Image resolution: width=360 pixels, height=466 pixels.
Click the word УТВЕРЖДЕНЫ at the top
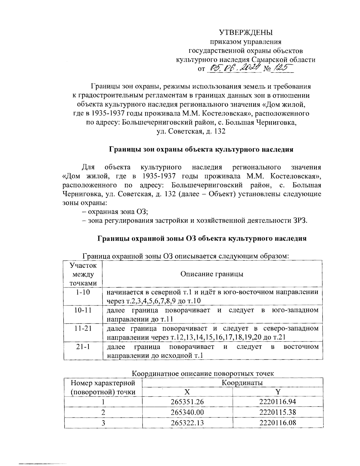245,32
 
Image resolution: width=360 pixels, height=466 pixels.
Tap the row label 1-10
83,292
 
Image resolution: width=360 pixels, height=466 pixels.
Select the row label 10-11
83,310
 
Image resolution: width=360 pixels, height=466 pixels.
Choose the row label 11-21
83,328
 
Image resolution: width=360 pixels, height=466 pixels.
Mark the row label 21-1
83,347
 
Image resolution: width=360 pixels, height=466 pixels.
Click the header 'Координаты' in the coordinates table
242,383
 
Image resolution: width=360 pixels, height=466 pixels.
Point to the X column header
187,392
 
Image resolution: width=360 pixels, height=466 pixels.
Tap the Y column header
278,392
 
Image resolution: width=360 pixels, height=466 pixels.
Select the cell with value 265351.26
187,402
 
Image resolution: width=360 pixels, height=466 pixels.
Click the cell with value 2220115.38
278,412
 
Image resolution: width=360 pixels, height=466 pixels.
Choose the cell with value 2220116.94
278,402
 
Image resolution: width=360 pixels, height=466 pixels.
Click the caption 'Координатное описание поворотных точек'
203,374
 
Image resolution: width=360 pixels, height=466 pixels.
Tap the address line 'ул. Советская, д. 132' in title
191,131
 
